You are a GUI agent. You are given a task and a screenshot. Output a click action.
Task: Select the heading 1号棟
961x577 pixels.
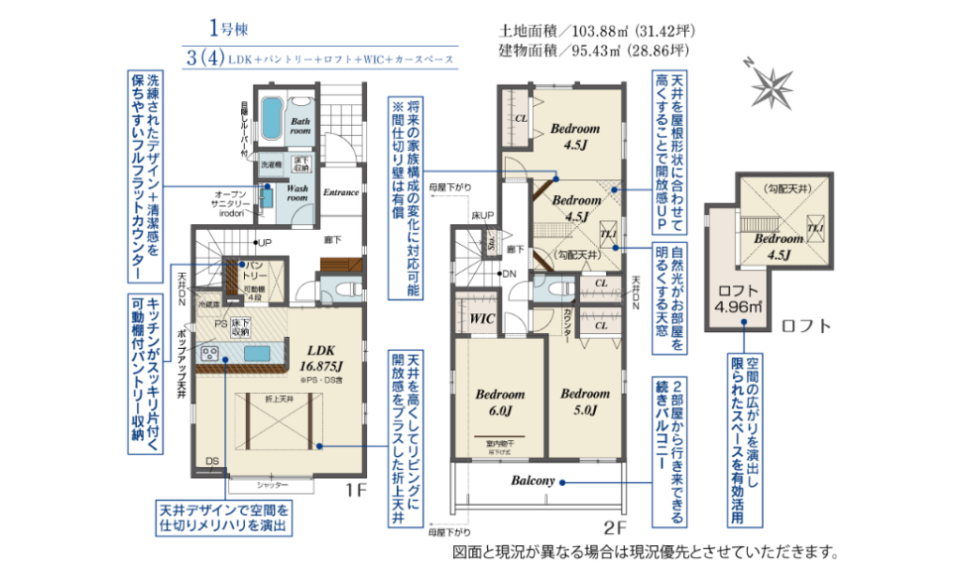[x=229, y=27]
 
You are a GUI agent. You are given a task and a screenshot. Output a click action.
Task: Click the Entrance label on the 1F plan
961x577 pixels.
[x=341, y=193]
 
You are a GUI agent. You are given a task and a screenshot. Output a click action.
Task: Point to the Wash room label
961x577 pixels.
[x=298, y=192]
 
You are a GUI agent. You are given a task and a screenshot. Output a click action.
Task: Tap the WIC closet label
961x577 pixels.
[x=481, y=319]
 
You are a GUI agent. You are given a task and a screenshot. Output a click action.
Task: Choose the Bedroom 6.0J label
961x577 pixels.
[x=498, y=402]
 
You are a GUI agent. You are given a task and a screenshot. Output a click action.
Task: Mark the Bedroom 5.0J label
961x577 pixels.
[x=586, y=402]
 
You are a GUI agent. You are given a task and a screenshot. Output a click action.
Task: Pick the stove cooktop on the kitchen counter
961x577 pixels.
[x=208, y=354]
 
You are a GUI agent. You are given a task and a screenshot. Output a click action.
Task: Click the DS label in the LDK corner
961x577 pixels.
[x=213, y=461]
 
